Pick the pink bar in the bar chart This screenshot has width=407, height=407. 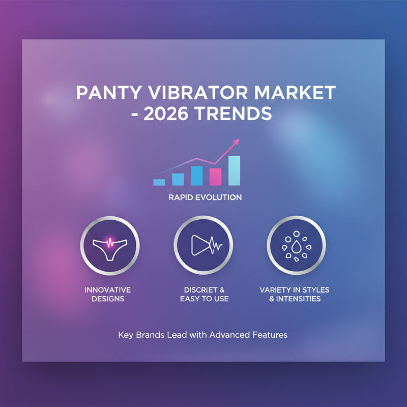coord(215,176)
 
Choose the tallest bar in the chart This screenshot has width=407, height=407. coord(234,170)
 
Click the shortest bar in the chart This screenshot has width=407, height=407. coord(159,182)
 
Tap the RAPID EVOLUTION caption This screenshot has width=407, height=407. coord(205,197)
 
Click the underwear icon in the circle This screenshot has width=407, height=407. coord(109,246)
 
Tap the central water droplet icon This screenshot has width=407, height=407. coord(296,247)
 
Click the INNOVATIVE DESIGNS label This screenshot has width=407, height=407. coord(107,294)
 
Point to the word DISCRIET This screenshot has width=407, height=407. coord(200,290)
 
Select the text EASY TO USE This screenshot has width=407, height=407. coord(204,299)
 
